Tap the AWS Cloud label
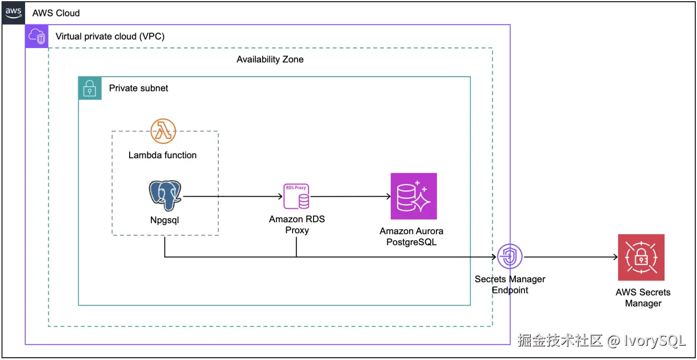56,13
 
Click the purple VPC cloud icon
37,36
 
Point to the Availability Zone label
270,59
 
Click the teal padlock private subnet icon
90,88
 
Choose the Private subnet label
139,88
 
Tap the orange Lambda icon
163,131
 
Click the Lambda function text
162,155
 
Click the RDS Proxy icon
297,197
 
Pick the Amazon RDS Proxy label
297,225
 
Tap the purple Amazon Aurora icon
414,196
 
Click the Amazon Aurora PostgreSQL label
411,237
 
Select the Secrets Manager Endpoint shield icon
509,257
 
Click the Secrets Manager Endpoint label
510,285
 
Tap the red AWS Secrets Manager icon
640,257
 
